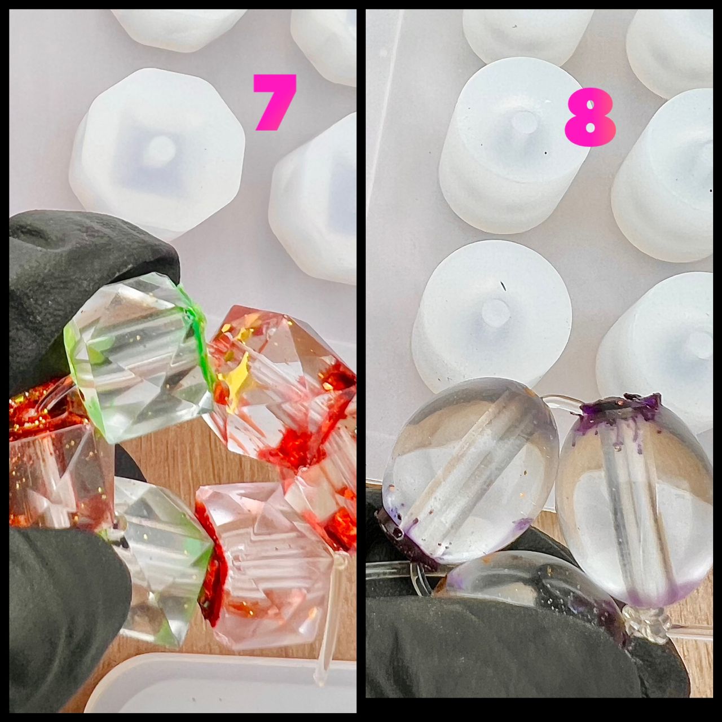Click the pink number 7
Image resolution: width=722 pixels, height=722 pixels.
[x=275, y=102]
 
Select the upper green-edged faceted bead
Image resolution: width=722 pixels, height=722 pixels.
[x=140, y=361]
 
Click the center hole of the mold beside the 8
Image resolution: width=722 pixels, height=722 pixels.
[x=524, y=122]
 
